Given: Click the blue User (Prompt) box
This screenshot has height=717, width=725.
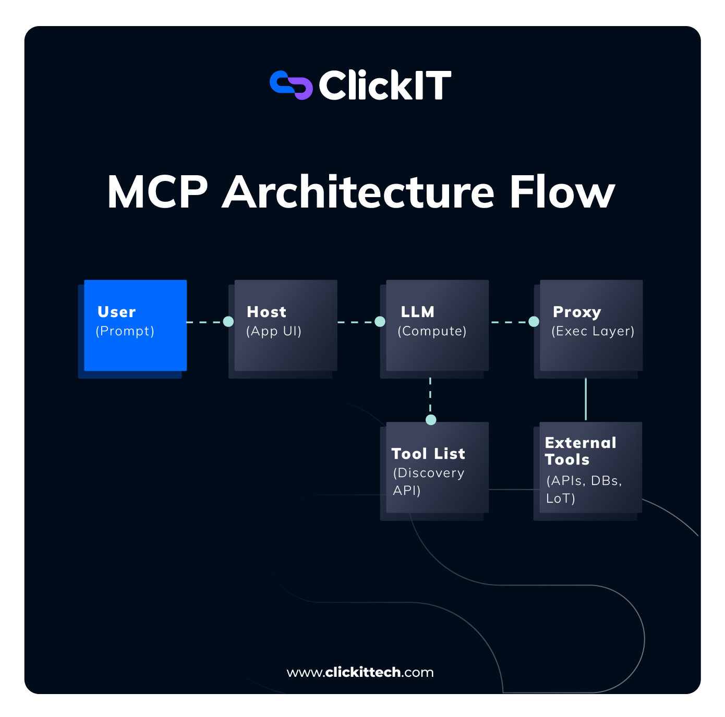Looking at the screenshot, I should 135,325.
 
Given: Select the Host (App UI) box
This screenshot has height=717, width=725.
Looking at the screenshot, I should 285,325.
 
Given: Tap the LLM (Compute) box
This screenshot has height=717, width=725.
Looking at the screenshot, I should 437,325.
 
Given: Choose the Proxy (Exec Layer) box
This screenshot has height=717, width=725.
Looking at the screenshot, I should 591,325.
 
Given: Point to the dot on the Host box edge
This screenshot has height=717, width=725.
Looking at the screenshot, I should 228,322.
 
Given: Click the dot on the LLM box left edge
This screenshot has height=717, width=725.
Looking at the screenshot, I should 380,322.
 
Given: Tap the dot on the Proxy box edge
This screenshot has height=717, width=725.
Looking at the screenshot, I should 534,322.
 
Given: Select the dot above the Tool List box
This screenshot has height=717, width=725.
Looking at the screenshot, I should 431,420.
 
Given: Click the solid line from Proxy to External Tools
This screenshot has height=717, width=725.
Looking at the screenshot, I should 586,399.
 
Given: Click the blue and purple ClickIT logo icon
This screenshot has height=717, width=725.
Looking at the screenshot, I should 291,85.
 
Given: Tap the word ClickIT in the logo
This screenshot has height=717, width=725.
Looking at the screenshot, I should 384,86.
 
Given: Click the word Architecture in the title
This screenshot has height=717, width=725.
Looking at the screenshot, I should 358,192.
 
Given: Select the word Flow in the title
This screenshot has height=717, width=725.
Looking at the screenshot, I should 562,192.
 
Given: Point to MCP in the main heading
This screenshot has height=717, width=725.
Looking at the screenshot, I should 157,192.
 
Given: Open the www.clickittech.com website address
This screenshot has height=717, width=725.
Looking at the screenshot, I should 360,672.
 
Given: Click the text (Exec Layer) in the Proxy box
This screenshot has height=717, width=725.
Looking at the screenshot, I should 593,331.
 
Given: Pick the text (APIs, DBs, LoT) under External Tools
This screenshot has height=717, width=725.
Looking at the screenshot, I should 584,489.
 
